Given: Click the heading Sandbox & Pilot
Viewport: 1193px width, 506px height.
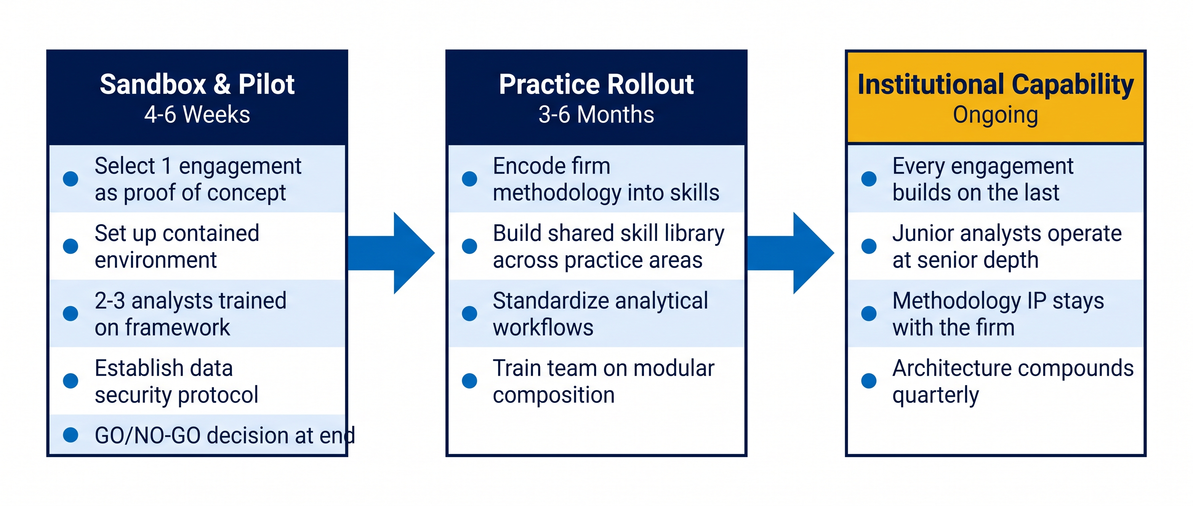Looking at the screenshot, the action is point(197,84).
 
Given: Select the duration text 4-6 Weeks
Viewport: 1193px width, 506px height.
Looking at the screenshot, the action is point(197,114).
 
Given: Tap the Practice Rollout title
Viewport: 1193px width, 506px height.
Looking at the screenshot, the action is point(596,84).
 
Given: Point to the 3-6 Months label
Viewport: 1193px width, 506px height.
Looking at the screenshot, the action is point(596,114).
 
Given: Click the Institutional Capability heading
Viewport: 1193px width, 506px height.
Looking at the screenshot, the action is point(996,85).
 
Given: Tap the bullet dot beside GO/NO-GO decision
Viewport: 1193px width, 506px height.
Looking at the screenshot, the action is point(70,435).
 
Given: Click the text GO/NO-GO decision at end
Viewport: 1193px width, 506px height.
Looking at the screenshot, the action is point(224,436).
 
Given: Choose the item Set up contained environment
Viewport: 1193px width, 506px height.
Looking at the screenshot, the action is point(177,246).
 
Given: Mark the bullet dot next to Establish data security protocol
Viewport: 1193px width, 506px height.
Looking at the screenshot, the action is point(70,381).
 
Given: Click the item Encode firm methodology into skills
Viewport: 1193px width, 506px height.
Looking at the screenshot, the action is point(606,179).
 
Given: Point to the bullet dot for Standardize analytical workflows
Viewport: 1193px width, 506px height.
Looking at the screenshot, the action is point(470,313).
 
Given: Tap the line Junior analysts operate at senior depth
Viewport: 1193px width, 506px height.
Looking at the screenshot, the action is point(1007,246).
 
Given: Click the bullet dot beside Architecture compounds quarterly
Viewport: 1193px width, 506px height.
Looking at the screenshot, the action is point(869,381).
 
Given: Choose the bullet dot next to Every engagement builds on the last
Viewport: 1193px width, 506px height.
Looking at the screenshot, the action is point(869,179).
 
